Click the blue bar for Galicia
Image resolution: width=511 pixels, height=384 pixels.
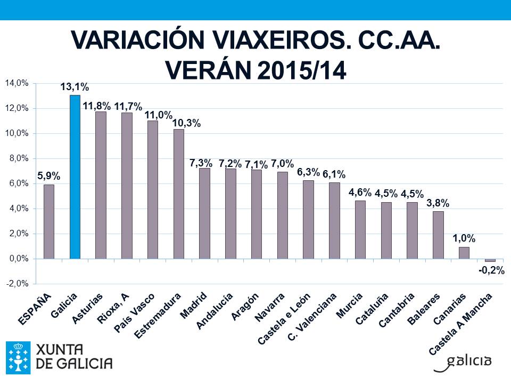point(75,177)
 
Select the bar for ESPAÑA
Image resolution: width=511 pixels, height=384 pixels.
point(49,221)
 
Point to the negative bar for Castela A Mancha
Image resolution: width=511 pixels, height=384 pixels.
point(490,260)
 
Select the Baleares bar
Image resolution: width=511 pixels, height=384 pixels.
point(438,235)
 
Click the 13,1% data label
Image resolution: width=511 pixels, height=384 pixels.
point(75,87)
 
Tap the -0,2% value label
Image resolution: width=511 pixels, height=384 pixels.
point(491,271)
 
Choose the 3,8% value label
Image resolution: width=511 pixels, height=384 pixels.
point(438,203)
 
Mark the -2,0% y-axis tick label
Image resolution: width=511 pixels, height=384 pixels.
point(17,284)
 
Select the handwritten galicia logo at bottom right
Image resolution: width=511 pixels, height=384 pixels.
point(463,361)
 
